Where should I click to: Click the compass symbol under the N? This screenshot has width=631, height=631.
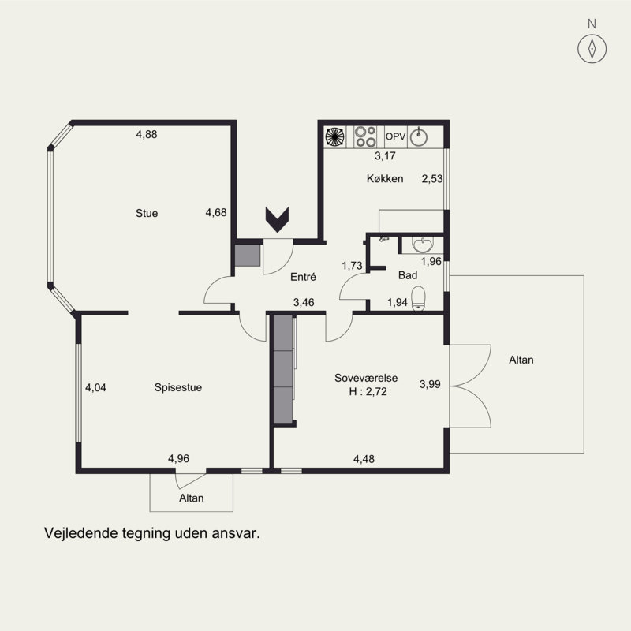click(592, 49)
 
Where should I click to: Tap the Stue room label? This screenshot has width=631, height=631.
click(147, 213)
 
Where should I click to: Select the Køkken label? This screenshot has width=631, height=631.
click(385, 178)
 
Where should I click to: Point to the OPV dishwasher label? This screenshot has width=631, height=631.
click(395, 136)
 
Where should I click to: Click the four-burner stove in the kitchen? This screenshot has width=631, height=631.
click(365, 136)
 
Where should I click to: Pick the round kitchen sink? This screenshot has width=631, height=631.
click(419, 136)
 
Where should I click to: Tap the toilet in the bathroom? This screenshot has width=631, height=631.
click(419, 298)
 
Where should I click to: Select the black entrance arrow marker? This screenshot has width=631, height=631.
click(278, 219)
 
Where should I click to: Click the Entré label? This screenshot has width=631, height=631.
click(303, 277)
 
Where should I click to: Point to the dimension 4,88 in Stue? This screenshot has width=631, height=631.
click(147, 134)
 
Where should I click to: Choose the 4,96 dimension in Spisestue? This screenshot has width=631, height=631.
click(178, 458)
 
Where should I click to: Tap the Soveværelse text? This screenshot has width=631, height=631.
click(366, 378)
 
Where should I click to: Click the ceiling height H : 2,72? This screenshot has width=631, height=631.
click(368, 391)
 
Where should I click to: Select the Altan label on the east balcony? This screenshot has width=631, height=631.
click(521, 360)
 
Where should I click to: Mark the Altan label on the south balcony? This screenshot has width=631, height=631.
click(191, 498)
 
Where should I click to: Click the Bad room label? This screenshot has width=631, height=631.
click(407, 275)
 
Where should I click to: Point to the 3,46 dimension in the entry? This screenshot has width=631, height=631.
click(304, 302)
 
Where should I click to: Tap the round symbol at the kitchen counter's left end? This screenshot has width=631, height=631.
click(334, 136)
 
